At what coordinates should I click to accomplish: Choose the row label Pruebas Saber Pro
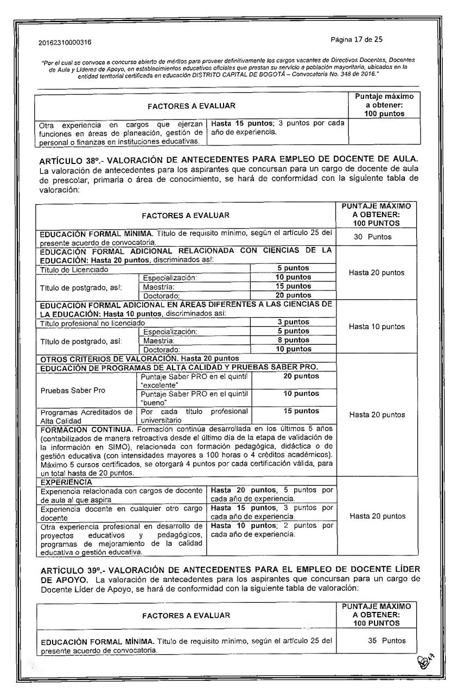pyautogui.click(x=67, y=389)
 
